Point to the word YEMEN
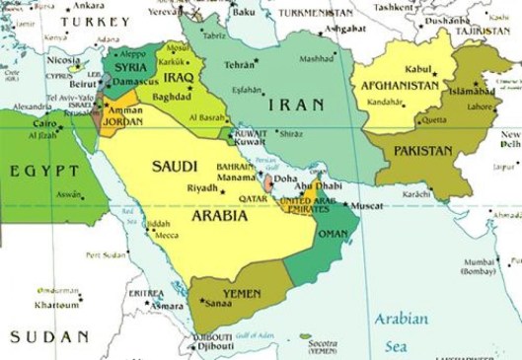[x=240, y=294]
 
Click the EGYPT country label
[x=43, y=171]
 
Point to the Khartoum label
[x=56, y=305]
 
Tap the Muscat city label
[x=366, y=206]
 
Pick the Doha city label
[x=288, y=181]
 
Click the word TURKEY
[x=95, y=22]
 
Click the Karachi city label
[x=416, y=193]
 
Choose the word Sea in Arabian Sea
[x=397, y=346]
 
